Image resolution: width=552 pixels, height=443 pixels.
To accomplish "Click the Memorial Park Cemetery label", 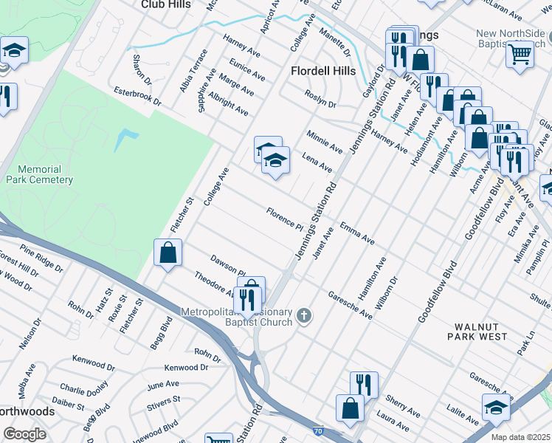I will click(x=40, y=174).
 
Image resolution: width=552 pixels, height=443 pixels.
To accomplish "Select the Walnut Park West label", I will click(x=478, y=332).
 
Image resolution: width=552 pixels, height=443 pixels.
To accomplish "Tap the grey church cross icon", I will click(x=303, y=317).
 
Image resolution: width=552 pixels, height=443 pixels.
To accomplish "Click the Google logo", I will click(x=24, y=435).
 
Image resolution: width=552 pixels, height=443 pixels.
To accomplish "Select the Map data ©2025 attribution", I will click(x=520, y=437).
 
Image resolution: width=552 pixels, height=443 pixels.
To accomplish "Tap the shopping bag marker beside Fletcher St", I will click(x=168, y=253).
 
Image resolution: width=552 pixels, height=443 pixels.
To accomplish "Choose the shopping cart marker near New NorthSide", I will click(x=520, y=52).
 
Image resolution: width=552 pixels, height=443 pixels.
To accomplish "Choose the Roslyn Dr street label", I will click(x=320, y=100).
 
